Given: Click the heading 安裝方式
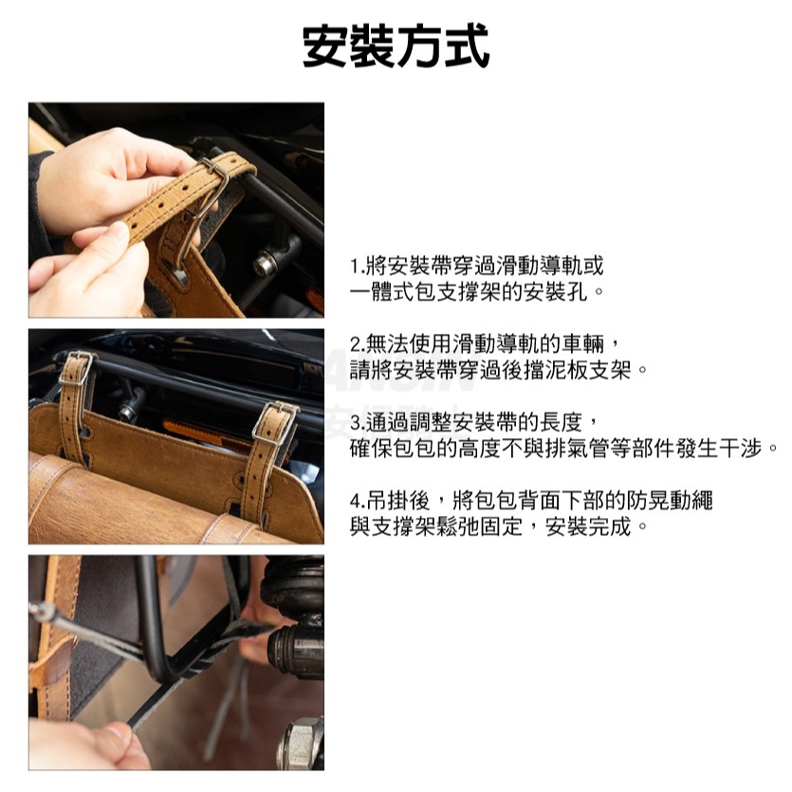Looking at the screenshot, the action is (396, 46).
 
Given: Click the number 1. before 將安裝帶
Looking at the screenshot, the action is (357, 266).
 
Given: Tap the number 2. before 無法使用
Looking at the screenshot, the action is (357, 344).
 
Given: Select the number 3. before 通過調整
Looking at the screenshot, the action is (357, 423).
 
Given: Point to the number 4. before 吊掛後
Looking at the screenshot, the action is (358, 501).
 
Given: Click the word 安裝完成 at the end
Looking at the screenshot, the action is (588, 526).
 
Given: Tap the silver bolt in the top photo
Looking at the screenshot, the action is (265, 264).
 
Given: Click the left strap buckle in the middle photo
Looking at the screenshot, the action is (76, 369).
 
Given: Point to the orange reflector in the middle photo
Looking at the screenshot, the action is (202, 433).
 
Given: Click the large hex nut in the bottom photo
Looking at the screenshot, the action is (300, 743).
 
